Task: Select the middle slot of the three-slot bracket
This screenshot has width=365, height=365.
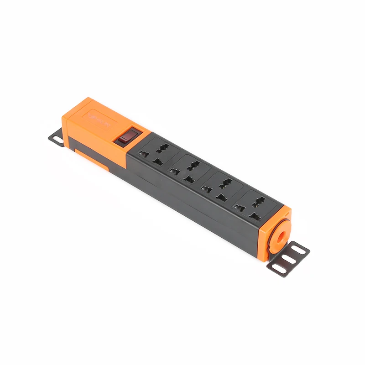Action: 289,258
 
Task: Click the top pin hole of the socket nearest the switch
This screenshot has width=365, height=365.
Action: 162,146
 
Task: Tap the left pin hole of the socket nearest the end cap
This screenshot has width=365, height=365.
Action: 238,208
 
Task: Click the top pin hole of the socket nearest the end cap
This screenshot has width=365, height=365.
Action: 258,199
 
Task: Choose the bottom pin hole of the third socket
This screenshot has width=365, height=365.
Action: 221,197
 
